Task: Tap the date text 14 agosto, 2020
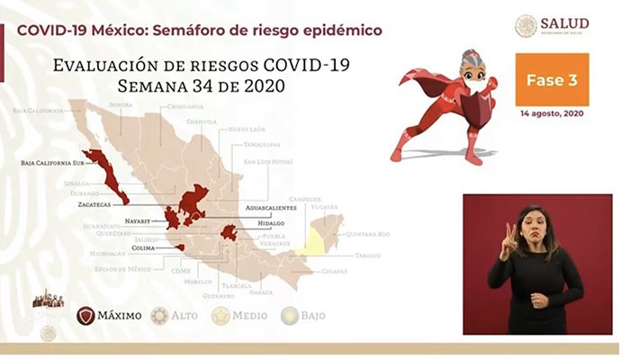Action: pyautogui.click(x=553, y=115)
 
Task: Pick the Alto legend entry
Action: pyautogui.click(x=175, y=315)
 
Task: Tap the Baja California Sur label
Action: pyautogui.click(x=51, y=165)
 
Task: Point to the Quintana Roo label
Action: pyautogui.click(x=370, y=234)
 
